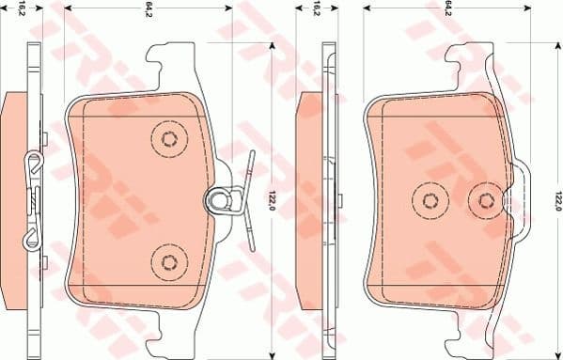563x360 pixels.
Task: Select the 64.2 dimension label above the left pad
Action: click(x=149, y=11)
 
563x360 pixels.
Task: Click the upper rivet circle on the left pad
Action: click(x=169, y=140)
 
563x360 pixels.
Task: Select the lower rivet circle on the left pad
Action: click(x=169, y=260)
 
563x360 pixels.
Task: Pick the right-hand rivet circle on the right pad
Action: click(x=486, y=199)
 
